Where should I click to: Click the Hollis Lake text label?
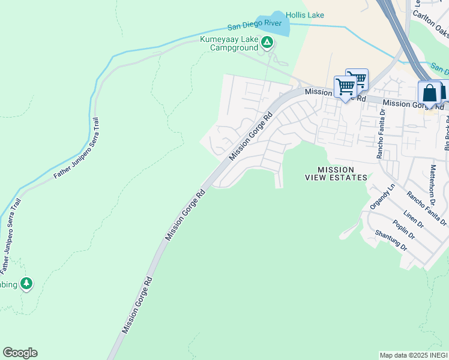tap(306, 15)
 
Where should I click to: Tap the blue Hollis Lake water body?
tap(273, 23)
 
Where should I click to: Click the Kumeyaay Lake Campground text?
tap(229, 45)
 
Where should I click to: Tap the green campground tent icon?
tap(267, 42)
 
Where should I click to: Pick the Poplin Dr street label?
tap(400, 229)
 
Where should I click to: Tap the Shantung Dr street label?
tap(391, 241)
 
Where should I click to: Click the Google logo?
tap(20, 353)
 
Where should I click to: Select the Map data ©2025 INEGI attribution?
tap(413, 355)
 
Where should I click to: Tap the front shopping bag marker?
tap(429, 94)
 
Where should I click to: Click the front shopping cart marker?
tap(345, 87)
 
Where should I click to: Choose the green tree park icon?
tap(26, 283)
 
